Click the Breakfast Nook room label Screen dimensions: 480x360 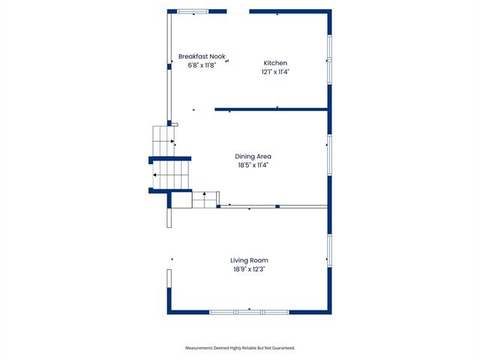coord(202,57)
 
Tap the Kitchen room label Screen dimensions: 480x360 coord(275,63)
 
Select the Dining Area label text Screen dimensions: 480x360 coord(253,157)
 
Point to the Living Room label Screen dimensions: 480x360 coord(249,260)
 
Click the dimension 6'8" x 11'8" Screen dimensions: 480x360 coord(202,65)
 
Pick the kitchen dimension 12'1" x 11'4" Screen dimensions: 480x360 coord(275,72)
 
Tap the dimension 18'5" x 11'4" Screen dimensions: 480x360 coord(253,165)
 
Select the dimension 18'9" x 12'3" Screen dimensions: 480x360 coord(249,269)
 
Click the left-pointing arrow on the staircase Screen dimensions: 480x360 coord(155,175)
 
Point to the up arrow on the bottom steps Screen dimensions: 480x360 coord(205,193)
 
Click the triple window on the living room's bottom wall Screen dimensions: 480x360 coord(249,312)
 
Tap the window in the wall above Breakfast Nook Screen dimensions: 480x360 coord(193,12)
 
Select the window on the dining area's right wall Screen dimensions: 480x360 coord(329,155)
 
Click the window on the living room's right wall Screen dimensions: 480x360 coord(329,250)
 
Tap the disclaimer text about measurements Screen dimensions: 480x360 coord(240,348)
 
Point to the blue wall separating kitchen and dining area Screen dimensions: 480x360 coord(271,109)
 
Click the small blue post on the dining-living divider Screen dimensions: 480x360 coord(277,207)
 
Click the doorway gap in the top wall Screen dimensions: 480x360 coord(238,12)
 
